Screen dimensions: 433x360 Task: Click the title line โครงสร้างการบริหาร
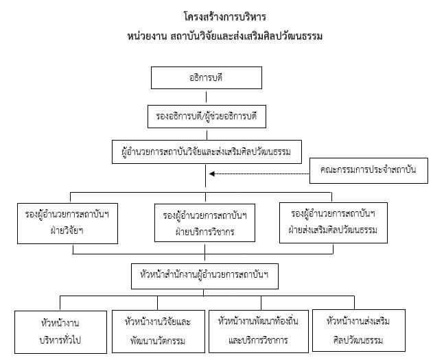pos(225,17)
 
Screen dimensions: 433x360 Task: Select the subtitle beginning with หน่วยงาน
pos(225,36)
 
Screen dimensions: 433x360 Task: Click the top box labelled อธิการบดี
pos(207,77)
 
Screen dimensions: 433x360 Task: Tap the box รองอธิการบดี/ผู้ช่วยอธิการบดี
pos(207,117)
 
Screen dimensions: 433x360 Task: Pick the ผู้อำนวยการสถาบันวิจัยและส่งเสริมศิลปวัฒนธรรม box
pos(207,152)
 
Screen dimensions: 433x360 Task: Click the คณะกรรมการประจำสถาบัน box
pos(368,171)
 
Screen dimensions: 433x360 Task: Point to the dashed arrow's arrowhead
pos(212,173)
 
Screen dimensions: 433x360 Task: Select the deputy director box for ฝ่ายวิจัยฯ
pos(67,224)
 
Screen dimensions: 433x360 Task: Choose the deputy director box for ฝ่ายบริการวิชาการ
pos(204,223)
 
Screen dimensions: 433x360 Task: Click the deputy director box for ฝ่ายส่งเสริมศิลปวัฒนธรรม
pos(333,223)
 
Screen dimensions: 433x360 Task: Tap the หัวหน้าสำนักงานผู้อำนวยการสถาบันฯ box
pos(204,276)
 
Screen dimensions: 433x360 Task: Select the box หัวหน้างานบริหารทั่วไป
pos(60,332)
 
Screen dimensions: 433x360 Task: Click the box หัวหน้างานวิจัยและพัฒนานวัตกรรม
pos(159,331)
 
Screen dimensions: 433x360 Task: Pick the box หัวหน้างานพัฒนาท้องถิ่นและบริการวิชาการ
pos(259,331)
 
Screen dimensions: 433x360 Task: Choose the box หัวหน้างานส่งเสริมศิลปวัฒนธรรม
pos(359,331)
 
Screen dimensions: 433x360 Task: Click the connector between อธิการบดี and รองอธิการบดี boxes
pos(207,97)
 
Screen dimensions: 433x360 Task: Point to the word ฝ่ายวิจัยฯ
pos(67,230)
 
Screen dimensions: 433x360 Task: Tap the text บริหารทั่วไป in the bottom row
pos(60,340)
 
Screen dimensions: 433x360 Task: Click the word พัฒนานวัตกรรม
pos(158,341)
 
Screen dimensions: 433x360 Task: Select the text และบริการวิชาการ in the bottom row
pos(258,340)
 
